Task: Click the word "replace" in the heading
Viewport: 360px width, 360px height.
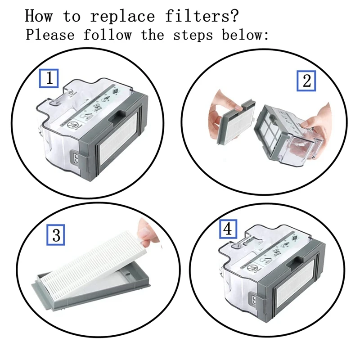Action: (122, 16)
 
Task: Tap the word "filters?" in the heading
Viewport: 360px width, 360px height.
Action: (202, 16)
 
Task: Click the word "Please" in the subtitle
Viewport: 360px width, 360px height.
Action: (50, 35)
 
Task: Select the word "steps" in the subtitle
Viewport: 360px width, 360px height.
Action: (193, 36)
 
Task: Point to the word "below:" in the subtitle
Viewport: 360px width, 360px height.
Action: (245, 35)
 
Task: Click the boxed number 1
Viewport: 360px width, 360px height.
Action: (49, 78)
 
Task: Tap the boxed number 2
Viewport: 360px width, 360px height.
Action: (306, 81)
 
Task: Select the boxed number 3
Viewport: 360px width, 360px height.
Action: (56, 235)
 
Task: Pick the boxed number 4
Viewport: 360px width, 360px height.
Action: (228, 229)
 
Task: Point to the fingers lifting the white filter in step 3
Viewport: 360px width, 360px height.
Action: (147, 234)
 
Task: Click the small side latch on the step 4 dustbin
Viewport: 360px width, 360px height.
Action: (254, 300)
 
